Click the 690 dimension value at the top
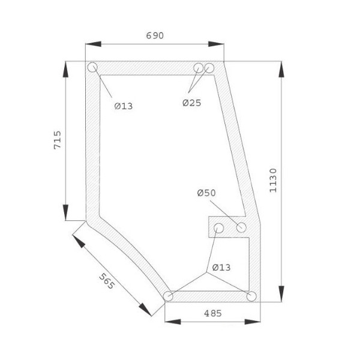154,35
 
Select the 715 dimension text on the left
58,140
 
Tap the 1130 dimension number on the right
273,179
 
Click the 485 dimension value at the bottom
213,313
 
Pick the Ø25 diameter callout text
192,103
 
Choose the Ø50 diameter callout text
206,193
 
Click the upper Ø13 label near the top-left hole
124,106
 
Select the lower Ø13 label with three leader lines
221,267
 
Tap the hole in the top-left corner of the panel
92,68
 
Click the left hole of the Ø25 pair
199,68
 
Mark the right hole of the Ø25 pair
209,68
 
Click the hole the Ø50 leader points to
242,227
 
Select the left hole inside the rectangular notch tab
219,228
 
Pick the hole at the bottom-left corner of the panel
169,296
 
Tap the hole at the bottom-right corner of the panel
251,296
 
